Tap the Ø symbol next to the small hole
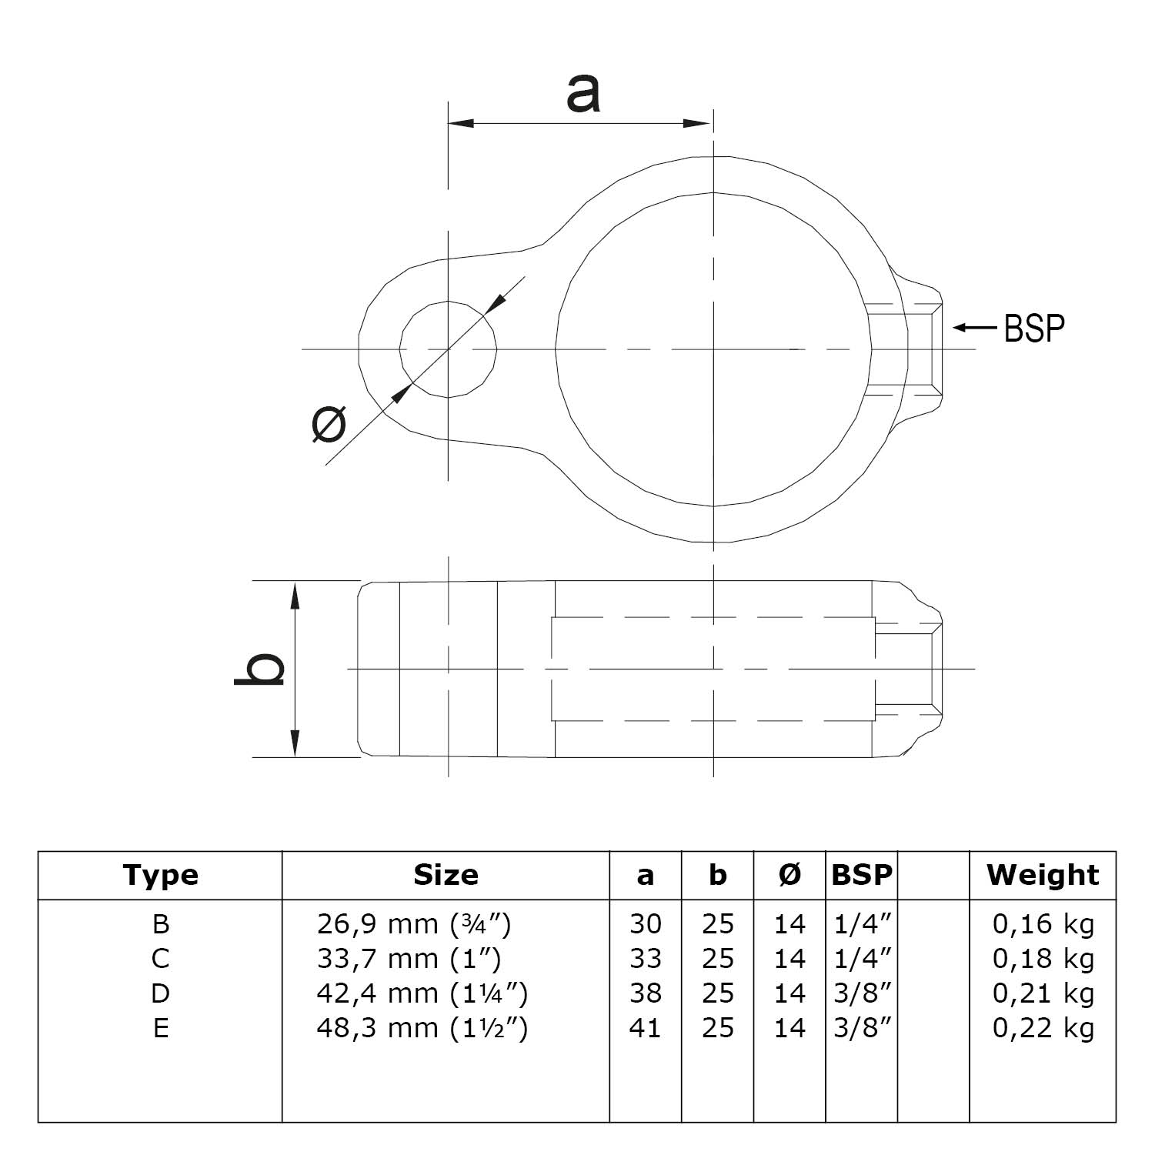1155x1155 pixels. pyautogui.click(x=329, y=426)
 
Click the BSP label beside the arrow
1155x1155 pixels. pyautogui.click(x=1034, y=328)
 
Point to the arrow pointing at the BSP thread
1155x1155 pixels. pyautogui.click(x=975, y=328)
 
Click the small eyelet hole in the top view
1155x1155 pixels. pyautogui.click(x=448, y=349)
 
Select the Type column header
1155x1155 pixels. pyautogui.click(x=160, y=875)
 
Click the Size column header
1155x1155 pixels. pyautogui.click(x=446, y=875)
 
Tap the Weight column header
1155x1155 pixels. pyautogui.click(x=1043, y=875)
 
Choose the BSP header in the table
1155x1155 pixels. pyautogui.click(x=862, y=875)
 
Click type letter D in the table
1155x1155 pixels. pyautogui.click(x=160, y=993)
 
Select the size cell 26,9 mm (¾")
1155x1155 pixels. pyautogui.click(x=413, y=923)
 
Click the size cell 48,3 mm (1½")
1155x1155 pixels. pyautogui.click(x=422, y=1028)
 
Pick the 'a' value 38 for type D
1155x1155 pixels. pyautogui.click(x=645, y=993)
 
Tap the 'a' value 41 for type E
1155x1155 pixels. pyautogui.click(x=645, y=1028)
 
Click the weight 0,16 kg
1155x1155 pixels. pyautogui.click(x=1043, y=923)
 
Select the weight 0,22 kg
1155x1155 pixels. pyautogui.click(x=1043, y=1028)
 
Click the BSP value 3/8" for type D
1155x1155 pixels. pyautogui.click(x=862, y=993)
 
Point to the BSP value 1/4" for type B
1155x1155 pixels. pyautogui.click(x=862, y=923)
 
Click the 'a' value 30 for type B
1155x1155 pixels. pyautogui.click(x=645, y=923)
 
